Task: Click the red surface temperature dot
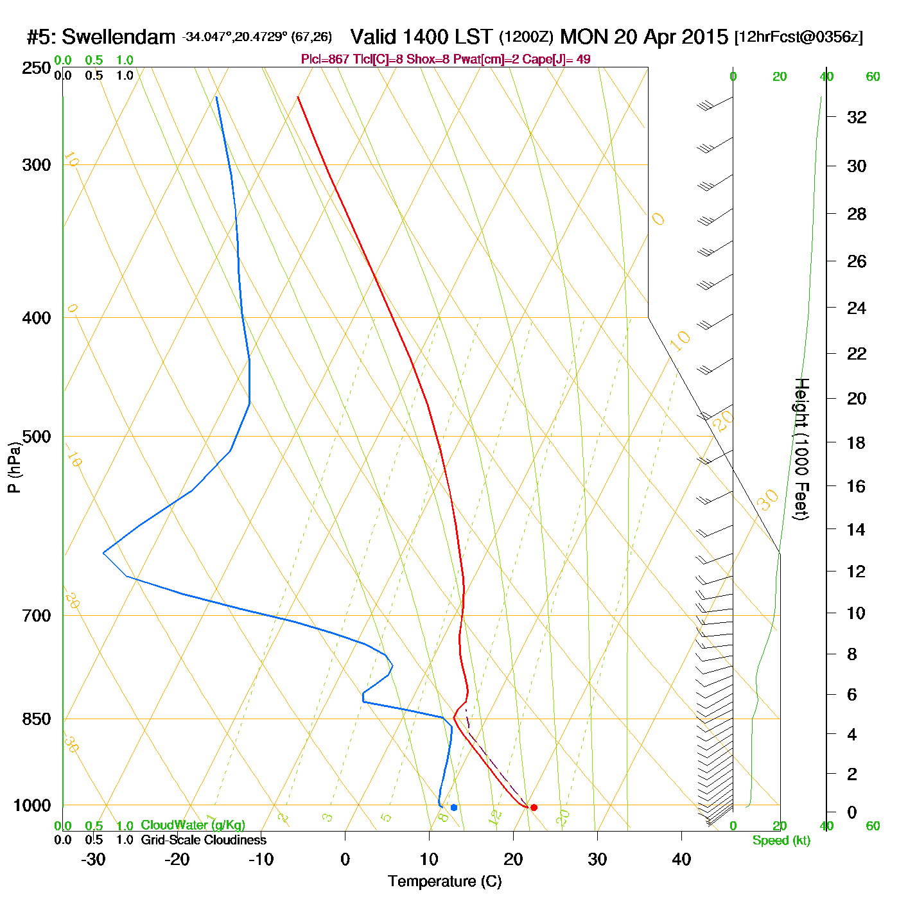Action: (534, 807)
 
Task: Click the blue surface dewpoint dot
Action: (454, 807)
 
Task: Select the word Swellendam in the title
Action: (118, 37)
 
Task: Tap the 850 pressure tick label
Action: (37, 719)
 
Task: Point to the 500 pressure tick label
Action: (37, 437)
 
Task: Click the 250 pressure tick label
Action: (37, 68)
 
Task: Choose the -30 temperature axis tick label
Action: (93, 859)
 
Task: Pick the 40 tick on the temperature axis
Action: (681, 859)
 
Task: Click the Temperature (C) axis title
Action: (444, 882)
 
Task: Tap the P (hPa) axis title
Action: (14, 467)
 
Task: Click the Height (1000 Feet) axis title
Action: (801, 449)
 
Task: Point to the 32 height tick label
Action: (857, 118)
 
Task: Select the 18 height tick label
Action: (857, 442)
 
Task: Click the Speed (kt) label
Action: (781, 841)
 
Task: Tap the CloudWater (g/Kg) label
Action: (193, 825)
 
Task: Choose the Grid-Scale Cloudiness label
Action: (204, 840)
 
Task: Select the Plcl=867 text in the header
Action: (326, 60)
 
